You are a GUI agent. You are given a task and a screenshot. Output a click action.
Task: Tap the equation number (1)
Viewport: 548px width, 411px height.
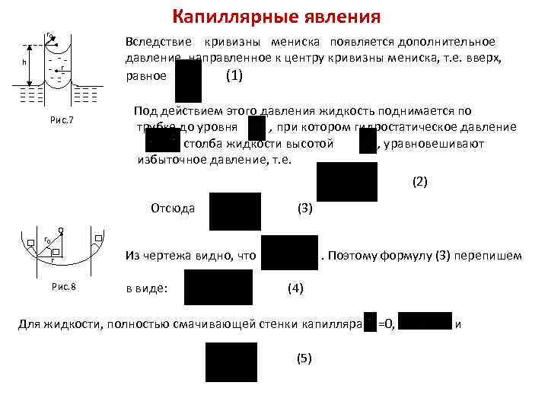tap(234, 76)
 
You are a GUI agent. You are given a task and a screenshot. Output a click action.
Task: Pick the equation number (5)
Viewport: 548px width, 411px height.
tap(302, 358)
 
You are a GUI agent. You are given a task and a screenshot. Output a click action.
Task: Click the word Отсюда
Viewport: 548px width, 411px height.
tap(173, 208)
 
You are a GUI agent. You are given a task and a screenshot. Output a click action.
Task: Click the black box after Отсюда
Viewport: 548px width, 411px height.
tap(235, 211)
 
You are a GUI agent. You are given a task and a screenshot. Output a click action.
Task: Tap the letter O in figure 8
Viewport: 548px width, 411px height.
tap(60, 230)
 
